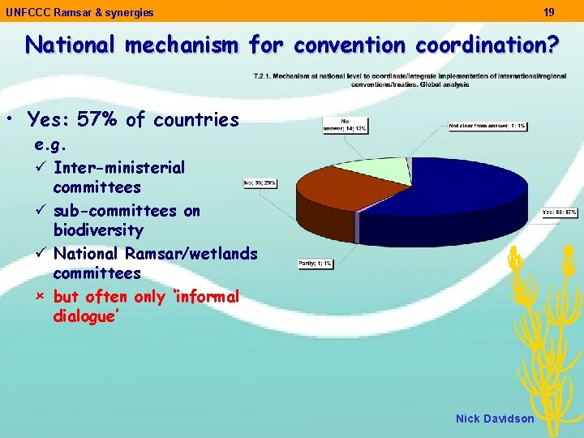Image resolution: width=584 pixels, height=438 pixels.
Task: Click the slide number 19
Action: pyautogui.click(x=549, y=12)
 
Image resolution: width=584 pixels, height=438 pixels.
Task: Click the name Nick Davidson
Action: pyautogui.click(x=495, y=419)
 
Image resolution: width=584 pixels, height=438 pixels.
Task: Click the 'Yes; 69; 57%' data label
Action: pyautogui.click(x=560, y=213)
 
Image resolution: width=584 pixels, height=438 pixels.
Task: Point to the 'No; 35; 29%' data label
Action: pyautogui.click(x=260, y=183)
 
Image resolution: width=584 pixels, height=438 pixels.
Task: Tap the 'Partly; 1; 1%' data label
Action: pyautogui.click(x=315, y=263)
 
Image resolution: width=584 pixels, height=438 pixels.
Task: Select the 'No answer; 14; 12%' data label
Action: pyautogui.click(x=354, y=125)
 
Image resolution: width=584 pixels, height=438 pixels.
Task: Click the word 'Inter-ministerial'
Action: pyautogui.click(x=118, y=168)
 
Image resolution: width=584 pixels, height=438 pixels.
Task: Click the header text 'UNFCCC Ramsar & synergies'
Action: pyautogui.click(x=79, y=12)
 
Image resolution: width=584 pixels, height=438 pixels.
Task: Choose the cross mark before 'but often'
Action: pyautogui.click(x=41, y=297)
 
